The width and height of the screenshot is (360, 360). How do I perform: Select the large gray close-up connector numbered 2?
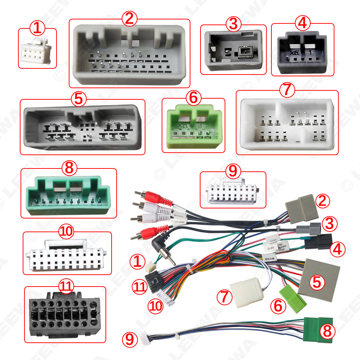(x=130, y=54)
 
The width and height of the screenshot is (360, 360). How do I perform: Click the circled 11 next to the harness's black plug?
(x=139, y=286)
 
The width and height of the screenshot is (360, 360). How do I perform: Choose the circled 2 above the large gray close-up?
(x=130, y=18)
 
